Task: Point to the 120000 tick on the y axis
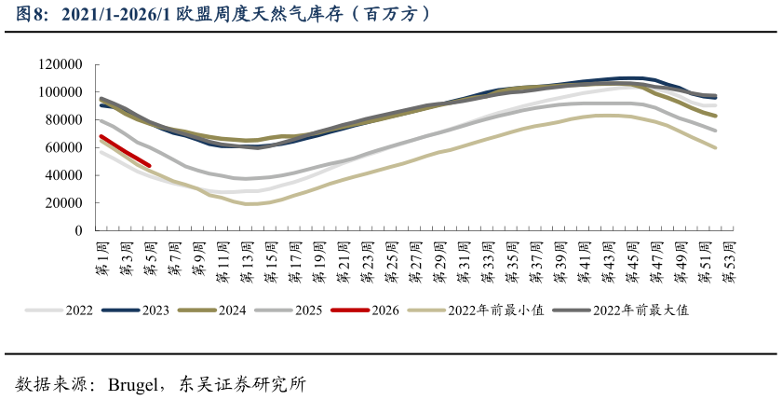tap(61, 64)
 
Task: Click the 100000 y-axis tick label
tap(61, 92)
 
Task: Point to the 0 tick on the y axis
tap(79, 230)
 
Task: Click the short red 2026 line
tap(125, 151)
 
